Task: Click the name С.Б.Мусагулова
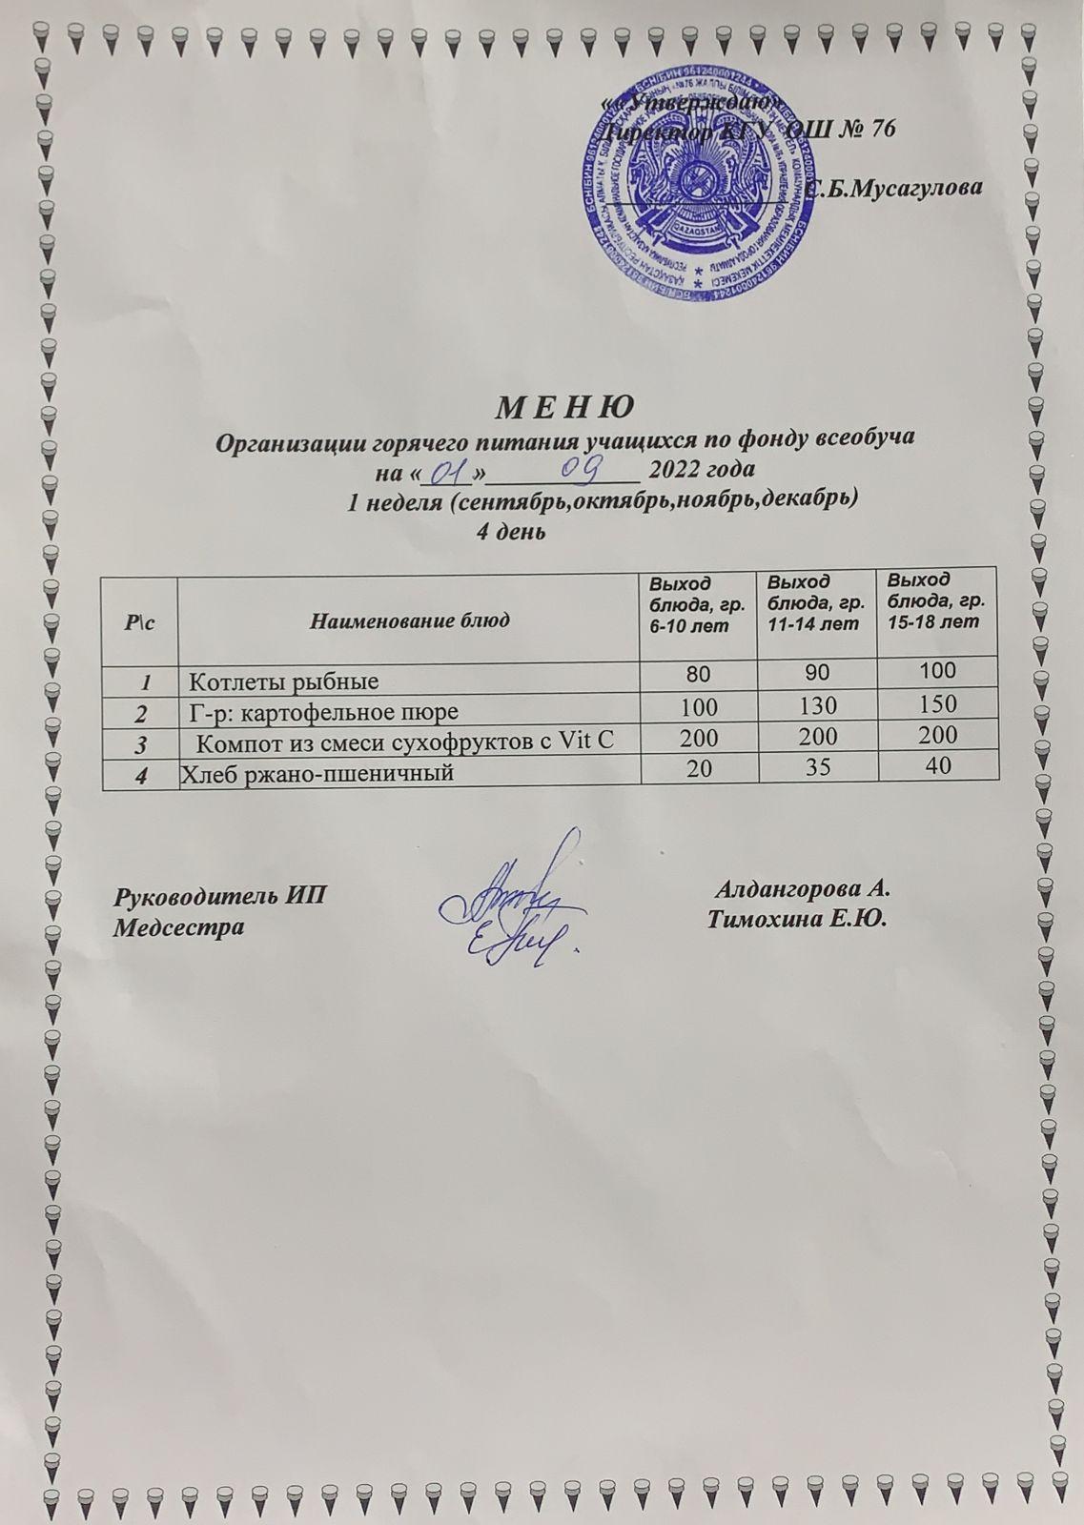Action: (893, 189)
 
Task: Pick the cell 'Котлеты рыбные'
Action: (284, 681)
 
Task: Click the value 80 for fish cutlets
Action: (697, 674)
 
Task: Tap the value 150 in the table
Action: (937, 703)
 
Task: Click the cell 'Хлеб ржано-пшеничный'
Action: (317, 773)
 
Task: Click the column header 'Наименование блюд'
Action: (409, 621)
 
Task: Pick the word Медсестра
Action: (178, 926)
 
